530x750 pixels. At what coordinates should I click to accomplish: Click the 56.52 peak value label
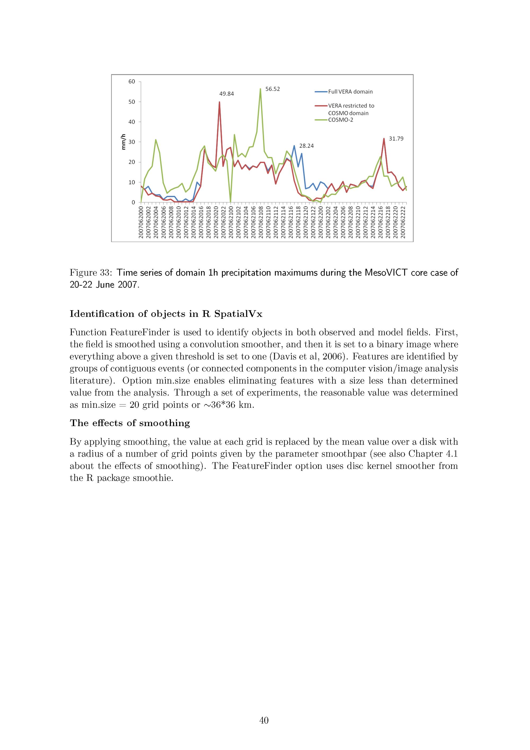(272, 89)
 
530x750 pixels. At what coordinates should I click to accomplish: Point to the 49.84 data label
(227, 94)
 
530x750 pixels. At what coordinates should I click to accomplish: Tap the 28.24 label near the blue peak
(306, 146)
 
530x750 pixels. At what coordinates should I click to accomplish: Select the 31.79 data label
(396, 139)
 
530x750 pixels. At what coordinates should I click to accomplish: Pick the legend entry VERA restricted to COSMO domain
(351, 109)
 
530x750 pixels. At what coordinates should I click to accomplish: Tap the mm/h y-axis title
(123, 142)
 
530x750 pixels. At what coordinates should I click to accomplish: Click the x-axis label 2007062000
(141, 222)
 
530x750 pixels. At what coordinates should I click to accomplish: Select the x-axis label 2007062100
(231, 222)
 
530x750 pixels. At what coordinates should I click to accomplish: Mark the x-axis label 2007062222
(403, 222)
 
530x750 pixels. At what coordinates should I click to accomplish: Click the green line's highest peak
(260, 89)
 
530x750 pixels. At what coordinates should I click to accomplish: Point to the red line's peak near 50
(219, 102)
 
